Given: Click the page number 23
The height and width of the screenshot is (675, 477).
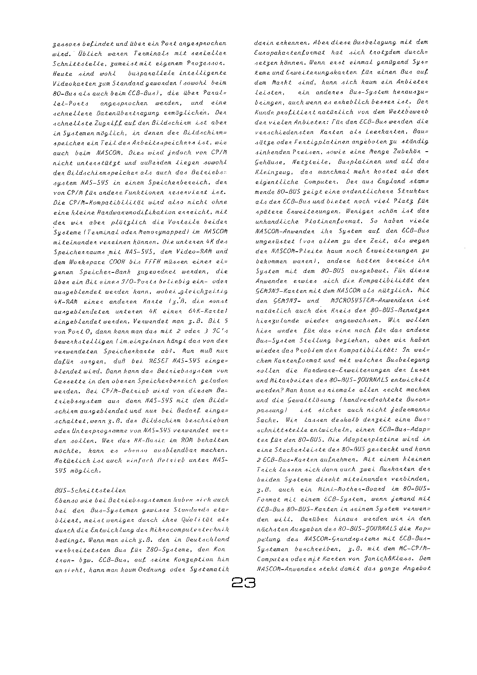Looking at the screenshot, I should tap(244, 583).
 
